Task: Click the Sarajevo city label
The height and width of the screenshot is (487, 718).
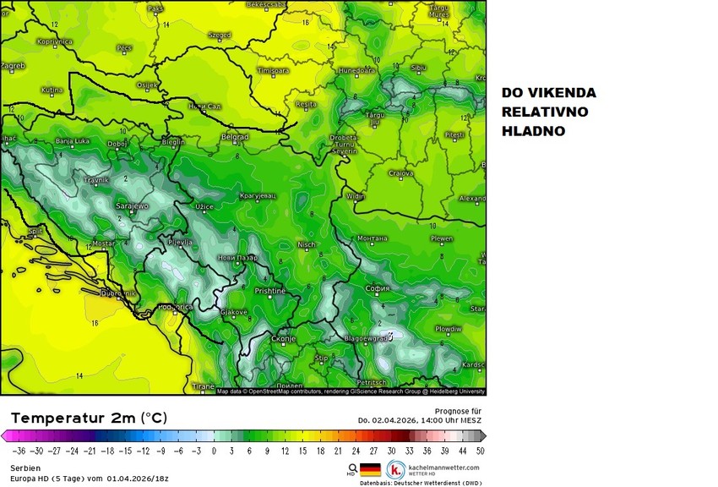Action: tap(131, 205)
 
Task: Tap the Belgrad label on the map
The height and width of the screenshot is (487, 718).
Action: tap(234, 136)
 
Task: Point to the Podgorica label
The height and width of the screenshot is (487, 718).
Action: tap(176, 308)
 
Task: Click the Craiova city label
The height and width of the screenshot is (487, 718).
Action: tap(400, 173)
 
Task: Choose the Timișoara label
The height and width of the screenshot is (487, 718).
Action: tap(273, 70)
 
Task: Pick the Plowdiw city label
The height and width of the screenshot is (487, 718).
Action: tap(448, 329)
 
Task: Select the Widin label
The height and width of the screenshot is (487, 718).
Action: tap(356, 197)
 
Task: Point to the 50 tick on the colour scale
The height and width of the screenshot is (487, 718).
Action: tap(480, 451)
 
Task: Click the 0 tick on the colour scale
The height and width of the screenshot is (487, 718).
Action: tap(214, 451)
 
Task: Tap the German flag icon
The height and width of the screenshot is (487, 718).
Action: tap(371, 470)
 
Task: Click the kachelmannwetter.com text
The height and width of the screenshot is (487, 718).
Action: tap(443, 467)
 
